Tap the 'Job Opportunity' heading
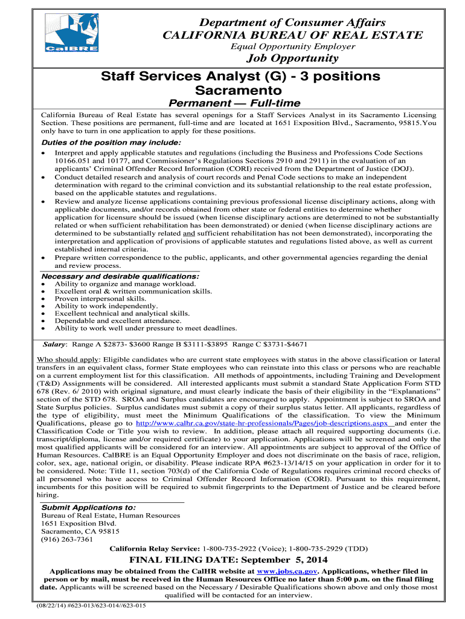pos(293,58)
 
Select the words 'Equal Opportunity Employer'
pos(293,47)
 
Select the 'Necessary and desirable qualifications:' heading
pos(119,276)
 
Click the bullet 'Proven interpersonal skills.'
pos(100,298)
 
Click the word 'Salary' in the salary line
pos(54,344)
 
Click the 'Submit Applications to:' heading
pos(88,507)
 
